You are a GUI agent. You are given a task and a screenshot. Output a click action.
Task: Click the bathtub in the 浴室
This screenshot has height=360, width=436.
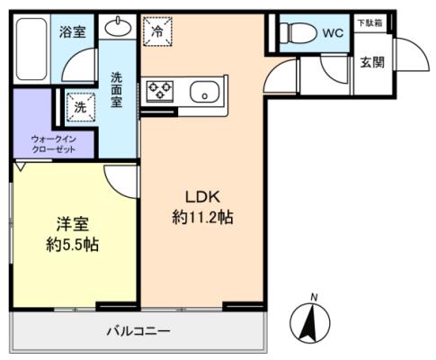[x=31, y=49]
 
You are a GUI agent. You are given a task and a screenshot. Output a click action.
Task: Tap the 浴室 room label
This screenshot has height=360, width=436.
[x=73, y=31]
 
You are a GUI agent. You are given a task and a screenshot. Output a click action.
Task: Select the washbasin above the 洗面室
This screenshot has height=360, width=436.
[x=118, y=28]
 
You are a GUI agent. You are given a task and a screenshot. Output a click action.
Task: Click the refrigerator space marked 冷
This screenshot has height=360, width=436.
[x=157, y=31]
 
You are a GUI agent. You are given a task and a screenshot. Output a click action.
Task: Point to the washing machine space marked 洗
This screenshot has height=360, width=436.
[x=80, y=107]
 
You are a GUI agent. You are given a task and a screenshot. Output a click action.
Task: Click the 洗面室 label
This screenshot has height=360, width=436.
[x=116, y=90]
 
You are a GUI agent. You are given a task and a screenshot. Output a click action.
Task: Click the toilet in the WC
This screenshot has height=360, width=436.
[x=298, y=32]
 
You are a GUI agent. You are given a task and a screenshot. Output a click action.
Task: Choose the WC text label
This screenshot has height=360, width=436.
[x=334, y=32]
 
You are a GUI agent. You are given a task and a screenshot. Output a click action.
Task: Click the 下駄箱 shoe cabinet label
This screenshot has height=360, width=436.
[x=370, y=23]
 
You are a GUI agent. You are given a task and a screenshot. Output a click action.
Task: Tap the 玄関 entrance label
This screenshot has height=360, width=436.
[x=372, y=63]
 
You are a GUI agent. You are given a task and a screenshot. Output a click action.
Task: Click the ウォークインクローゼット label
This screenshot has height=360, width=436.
[x=54, y=144]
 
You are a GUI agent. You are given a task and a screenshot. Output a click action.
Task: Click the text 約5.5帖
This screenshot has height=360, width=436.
[x=73, y=245]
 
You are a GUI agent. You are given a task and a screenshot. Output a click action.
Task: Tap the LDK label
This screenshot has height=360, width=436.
[x=203, y=197]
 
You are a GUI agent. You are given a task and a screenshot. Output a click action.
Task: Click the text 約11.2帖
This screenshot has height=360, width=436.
[x=203, y=217]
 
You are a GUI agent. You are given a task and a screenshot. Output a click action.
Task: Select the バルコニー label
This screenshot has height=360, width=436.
[x=139, y=331]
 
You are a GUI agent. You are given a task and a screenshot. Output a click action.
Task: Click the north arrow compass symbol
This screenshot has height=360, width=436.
[x=310, y=322]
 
